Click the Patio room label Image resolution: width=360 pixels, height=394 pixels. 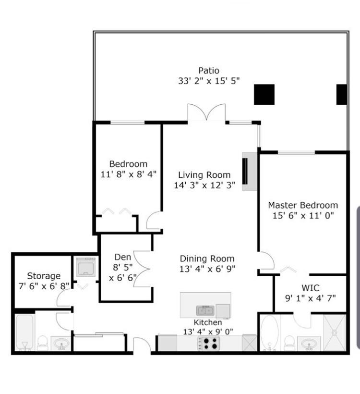coord(209,71)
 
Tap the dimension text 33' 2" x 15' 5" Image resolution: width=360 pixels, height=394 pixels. coord(209,81)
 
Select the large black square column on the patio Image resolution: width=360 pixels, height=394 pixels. coord(264,95)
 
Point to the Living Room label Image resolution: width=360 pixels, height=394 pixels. coord(204,175)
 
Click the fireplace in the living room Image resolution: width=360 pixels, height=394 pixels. coord(249,172)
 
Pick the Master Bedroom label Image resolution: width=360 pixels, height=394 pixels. coord(303,205)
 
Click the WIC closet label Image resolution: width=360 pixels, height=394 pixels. coord(310,288)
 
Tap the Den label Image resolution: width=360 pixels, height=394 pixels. coord(122,257)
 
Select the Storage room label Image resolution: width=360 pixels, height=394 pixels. coord(44,276)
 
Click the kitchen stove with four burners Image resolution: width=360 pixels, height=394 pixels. coord(209,344)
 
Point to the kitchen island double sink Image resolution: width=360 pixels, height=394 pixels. coord(205,310)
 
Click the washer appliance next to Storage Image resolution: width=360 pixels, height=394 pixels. coord(86,267)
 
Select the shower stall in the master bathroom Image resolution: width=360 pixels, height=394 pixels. coord(335,332)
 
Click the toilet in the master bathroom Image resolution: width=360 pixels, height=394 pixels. coord(289,343)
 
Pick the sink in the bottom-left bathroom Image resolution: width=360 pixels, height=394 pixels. coord(61,343)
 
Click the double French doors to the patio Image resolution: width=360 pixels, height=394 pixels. coord(206,112)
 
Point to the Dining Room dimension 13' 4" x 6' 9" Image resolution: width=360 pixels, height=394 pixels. coord(207,269)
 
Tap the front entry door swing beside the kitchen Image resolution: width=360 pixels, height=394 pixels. coord(142,345)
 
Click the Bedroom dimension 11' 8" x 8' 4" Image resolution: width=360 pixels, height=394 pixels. coord(128,174)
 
